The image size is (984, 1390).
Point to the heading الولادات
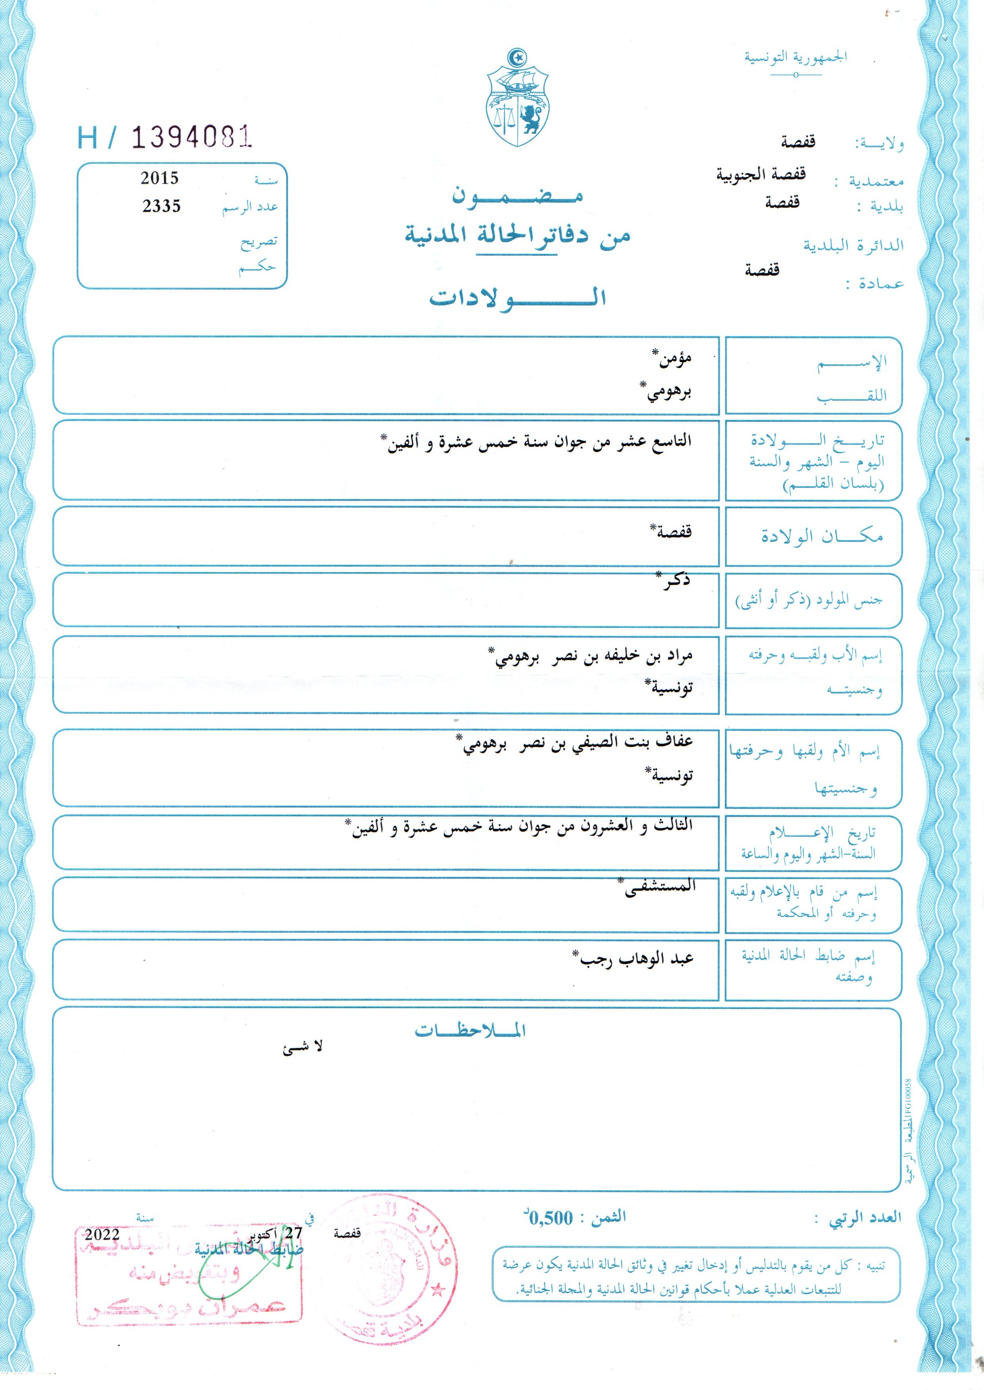coord(518,297)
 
